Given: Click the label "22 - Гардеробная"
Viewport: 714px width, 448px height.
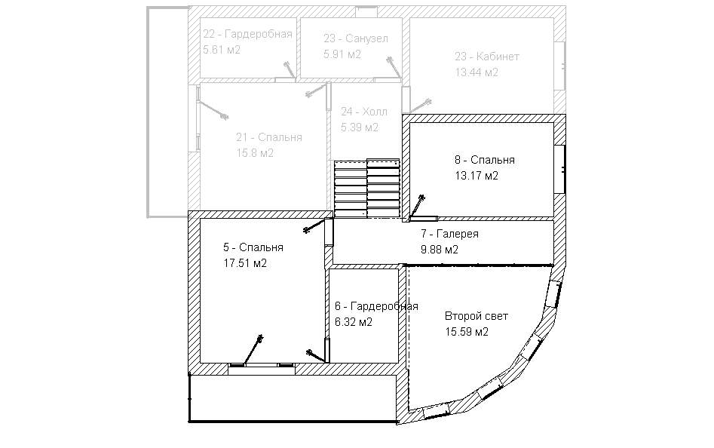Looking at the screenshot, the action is pyautogui.click(x=248, y=34).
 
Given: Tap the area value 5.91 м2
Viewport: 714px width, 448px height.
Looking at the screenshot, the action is pyautogui.click(x=342, y=54).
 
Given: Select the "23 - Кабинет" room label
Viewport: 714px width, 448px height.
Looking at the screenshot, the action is pyautogui.click(x=487, y=57).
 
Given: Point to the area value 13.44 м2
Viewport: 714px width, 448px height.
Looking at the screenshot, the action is pyautogui.click(x=477, y=72).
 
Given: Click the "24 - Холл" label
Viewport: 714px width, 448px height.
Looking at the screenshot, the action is pyautogui.click(x=364, y=112).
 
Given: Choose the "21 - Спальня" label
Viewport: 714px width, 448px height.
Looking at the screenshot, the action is pyautogui.click(x=268, y=137).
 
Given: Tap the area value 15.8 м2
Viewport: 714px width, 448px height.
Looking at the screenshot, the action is pyautogui.click(x=255, y=153).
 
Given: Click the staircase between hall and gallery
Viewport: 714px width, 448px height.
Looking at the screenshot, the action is pyautogui.click(x=367, y=188).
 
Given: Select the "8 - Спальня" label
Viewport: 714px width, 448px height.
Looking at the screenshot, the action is pyautogui.click(x=485, y=160).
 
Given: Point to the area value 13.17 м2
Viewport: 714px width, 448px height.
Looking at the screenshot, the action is pyautogui.click(x=477, y=176).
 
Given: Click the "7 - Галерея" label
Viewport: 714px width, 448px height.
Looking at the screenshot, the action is pyautogui.click(x=449, y=234).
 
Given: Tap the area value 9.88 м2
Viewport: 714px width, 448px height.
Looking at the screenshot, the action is pyautogui.click(x=440, y=250).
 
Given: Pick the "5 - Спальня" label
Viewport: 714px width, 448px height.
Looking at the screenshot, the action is pyautogui.click(x=253, y=247).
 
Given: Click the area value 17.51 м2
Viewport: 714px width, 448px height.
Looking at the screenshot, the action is pyautogui.click(x=245, y=263).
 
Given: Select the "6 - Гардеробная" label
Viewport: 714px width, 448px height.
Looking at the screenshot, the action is pyautogui.click(x=376, y=306).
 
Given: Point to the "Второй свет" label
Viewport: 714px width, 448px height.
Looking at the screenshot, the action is pyautogui.click(x=477, y=316).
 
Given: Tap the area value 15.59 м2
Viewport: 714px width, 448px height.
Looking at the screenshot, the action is pyautogui.click(x=467, y=331).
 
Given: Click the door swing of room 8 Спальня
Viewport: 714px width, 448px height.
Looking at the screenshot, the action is pyautogui.click(x=417, y=207).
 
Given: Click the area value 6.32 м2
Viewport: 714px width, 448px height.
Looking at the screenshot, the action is pyautogui.click(x=354, y=322).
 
